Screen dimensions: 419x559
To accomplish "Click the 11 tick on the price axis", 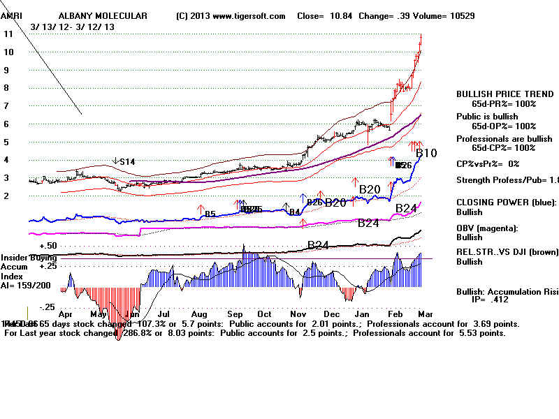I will coord(9,34).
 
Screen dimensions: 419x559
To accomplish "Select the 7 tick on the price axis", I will coord(7,106).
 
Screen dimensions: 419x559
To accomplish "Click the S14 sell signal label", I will coord(126,161).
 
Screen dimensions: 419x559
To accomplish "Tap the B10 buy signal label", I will coord(426,153).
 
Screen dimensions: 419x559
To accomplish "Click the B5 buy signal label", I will coord(209,211).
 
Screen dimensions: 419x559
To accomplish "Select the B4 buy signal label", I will coord(295,211).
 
